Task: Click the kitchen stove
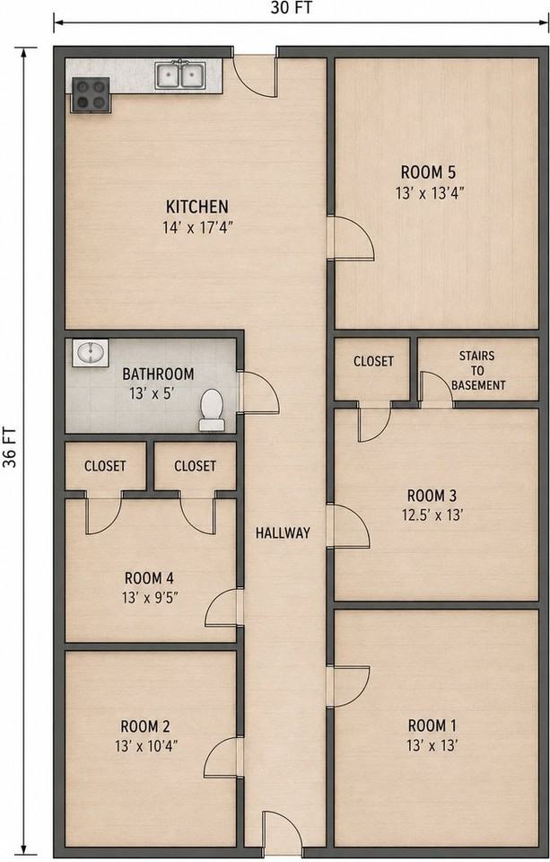coord(91,95)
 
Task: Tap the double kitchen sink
coord(180,75)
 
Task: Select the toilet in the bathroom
coord(212,409)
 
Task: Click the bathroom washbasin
coord(90,353)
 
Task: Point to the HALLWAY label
coord(283,532)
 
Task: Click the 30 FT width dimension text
coord(292,8)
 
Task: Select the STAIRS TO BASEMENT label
coord(477,371)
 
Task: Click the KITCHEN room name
coord(197,207)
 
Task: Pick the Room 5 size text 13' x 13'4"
coord(430,194)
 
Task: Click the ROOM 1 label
coord(432,726)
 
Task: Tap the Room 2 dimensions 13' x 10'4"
coord(146,746)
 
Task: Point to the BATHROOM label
coord(158,374)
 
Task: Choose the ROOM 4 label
coord(150,578)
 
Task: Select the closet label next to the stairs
coord(373,361)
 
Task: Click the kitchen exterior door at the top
coord(255,76)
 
